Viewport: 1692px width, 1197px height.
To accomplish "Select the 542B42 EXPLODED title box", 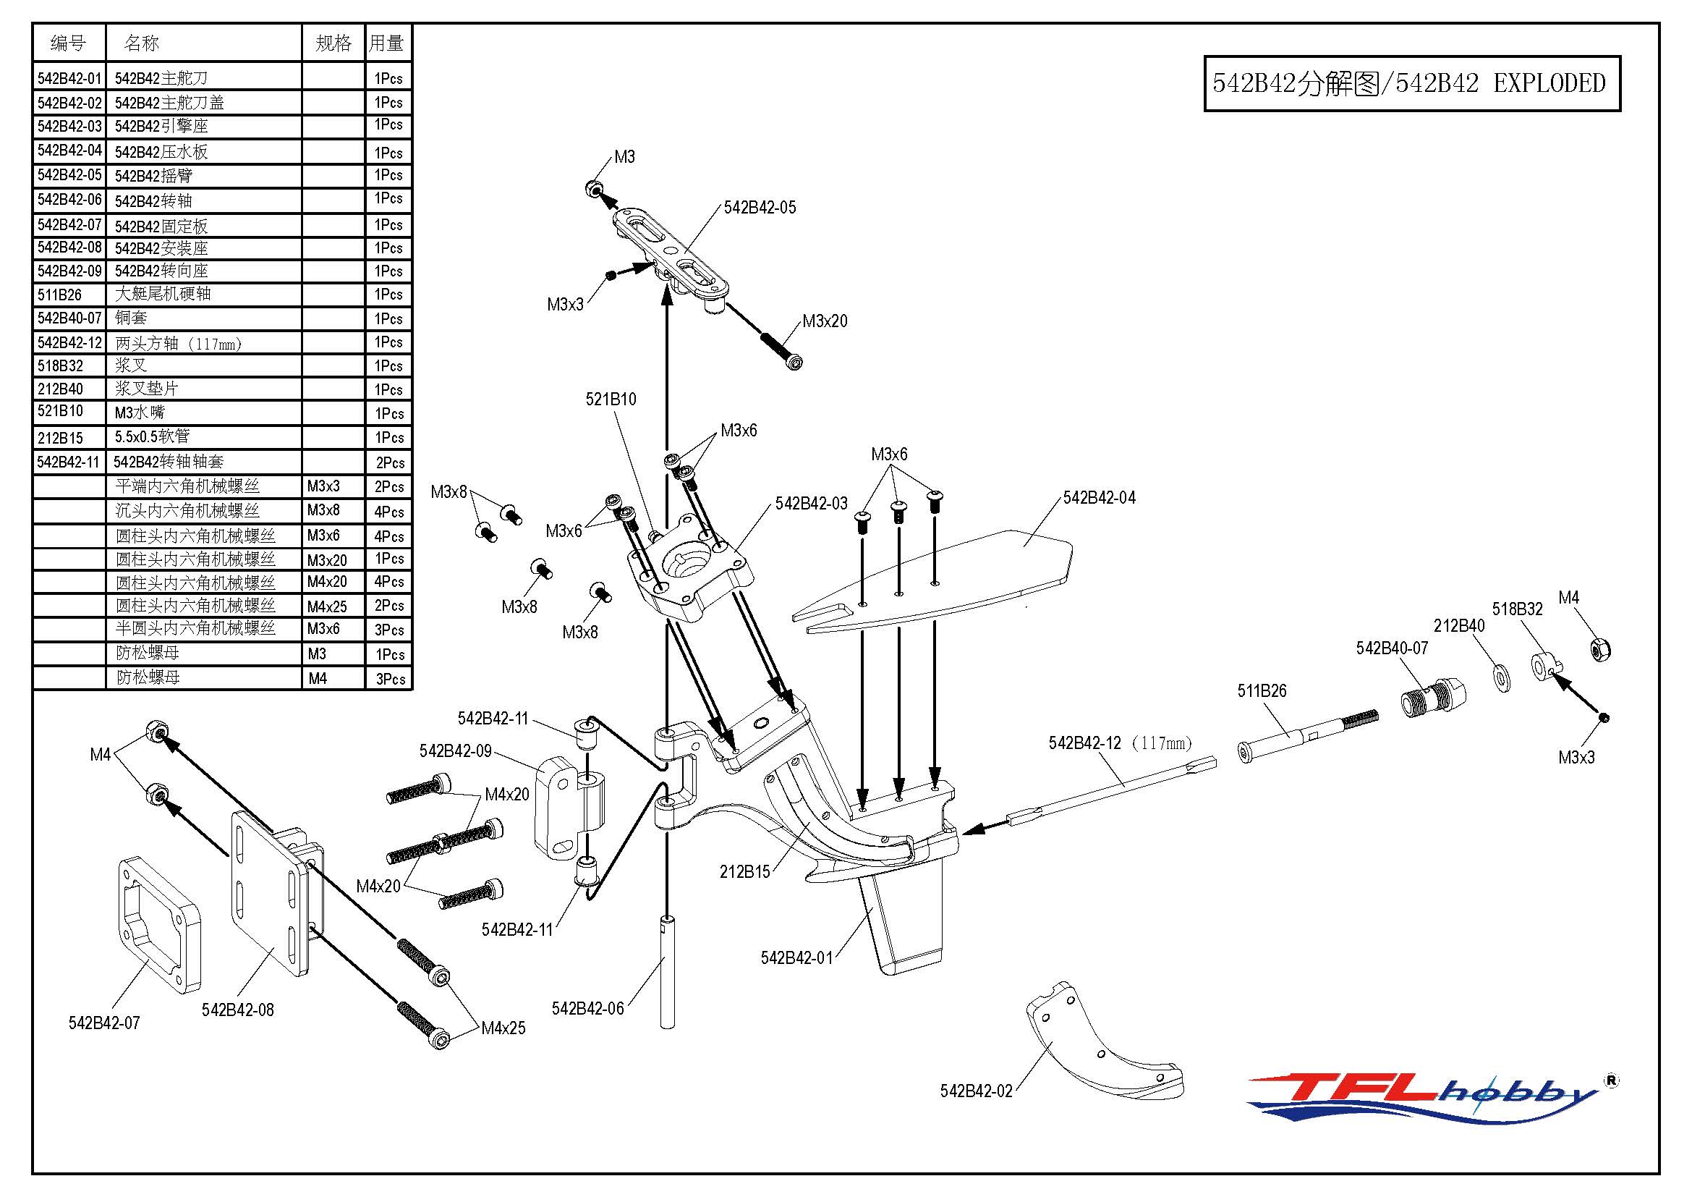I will click(x=1411, y=83).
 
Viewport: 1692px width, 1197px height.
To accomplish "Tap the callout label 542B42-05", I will click(x=760, y=208).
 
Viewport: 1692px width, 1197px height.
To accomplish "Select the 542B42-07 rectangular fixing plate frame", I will click(x=159, y=926).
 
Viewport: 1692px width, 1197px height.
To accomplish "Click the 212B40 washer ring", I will click(x=1500, y=677).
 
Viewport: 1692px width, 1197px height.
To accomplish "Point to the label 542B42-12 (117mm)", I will click(x=1119, y=743).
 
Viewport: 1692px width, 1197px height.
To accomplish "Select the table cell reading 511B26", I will click(x=60, y=295).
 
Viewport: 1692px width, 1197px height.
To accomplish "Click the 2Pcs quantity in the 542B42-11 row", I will click(x=390, y=463).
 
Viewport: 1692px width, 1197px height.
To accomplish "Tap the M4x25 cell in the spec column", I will click(x=326, y=606).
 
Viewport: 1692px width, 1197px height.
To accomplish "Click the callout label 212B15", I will click(x=744, y=872).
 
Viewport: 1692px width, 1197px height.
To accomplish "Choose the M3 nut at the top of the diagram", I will click(x=595, y=189).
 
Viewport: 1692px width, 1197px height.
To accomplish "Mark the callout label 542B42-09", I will click(x=455, y=751).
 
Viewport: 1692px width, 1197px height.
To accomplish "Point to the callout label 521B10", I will click(x=611, y=399).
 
